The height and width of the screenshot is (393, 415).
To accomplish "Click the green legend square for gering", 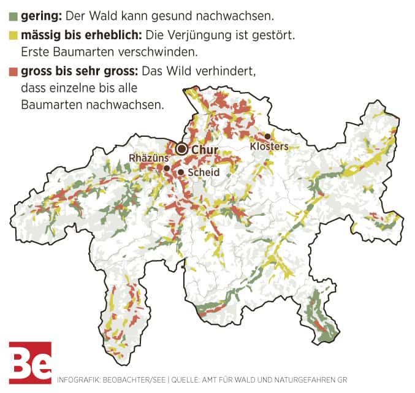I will coord(13,15).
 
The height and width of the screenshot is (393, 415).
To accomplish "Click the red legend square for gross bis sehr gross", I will coord(13,71).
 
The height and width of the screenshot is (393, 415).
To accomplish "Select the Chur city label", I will coord(205,150).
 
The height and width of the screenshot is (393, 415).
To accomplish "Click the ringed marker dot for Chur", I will coord(181,149).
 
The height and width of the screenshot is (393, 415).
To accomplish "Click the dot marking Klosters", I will coord(267,135).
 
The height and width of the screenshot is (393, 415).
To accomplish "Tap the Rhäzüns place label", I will coord(148,158).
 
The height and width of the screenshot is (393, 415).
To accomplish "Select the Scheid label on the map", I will coord(204,172).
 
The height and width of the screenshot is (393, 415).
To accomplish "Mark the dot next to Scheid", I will coord(181,172).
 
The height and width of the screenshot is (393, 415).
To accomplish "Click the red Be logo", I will coord(30,362).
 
